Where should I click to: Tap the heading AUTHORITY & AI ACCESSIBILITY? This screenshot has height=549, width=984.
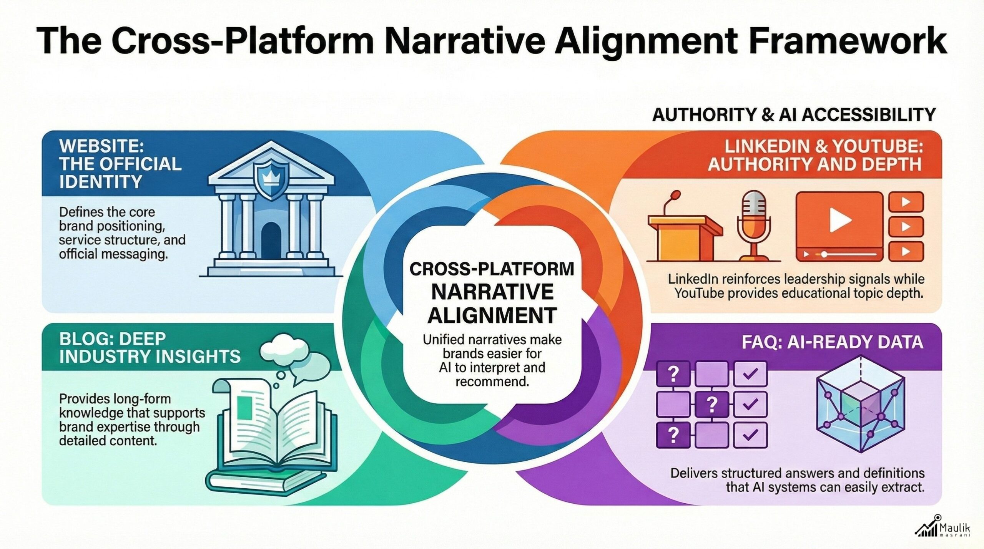pyautogui.click(x=794, y=114)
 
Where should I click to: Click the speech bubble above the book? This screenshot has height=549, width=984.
pyautogui.click(x=309, y=368)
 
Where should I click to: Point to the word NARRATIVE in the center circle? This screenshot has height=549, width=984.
pyautogui.click(x=492, y=292)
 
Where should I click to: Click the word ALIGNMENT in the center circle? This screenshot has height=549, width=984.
pyautogui.click(x=492, y=316)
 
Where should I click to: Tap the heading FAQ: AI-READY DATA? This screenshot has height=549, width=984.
pyautogui.click(x=832, y=342)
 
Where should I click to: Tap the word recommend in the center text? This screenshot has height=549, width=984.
pyautogui.click(x=492, y=381)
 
